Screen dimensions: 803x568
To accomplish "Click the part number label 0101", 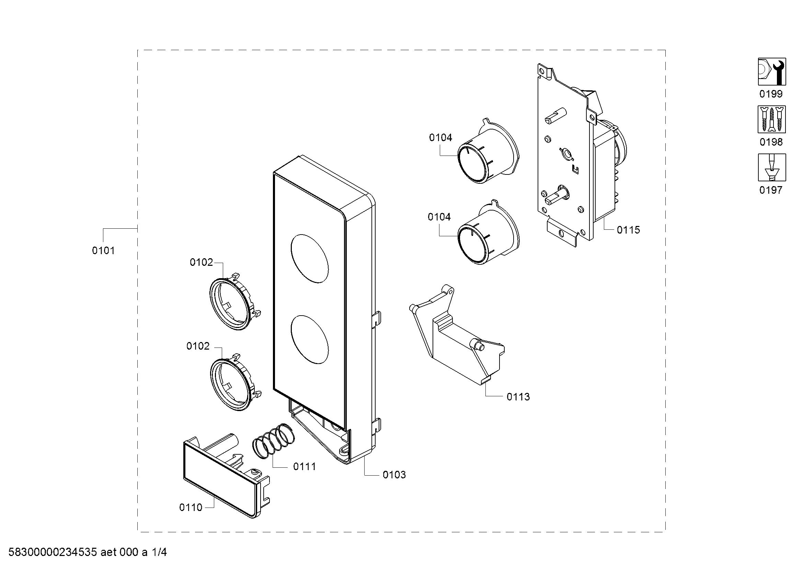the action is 103,250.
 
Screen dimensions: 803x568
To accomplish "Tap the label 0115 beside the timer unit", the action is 628,230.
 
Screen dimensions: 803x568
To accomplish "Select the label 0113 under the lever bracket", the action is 518,397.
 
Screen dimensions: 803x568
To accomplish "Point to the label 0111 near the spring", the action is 304,466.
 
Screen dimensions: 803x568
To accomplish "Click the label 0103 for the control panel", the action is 394,475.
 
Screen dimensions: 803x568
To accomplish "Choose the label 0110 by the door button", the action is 191,507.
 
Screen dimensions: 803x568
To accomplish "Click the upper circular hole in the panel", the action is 310,259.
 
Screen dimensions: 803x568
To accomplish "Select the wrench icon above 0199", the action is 772,72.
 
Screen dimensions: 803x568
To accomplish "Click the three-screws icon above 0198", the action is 772,120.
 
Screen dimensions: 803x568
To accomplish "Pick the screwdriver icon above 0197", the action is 772,168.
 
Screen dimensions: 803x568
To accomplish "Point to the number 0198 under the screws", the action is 771,142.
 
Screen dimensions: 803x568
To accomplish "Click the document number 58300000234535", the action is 53,552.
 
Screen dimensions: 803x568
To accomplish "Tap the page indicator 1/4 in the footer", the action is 159,552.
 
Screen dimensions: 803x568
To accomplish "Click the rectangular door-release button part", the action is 226,475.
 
